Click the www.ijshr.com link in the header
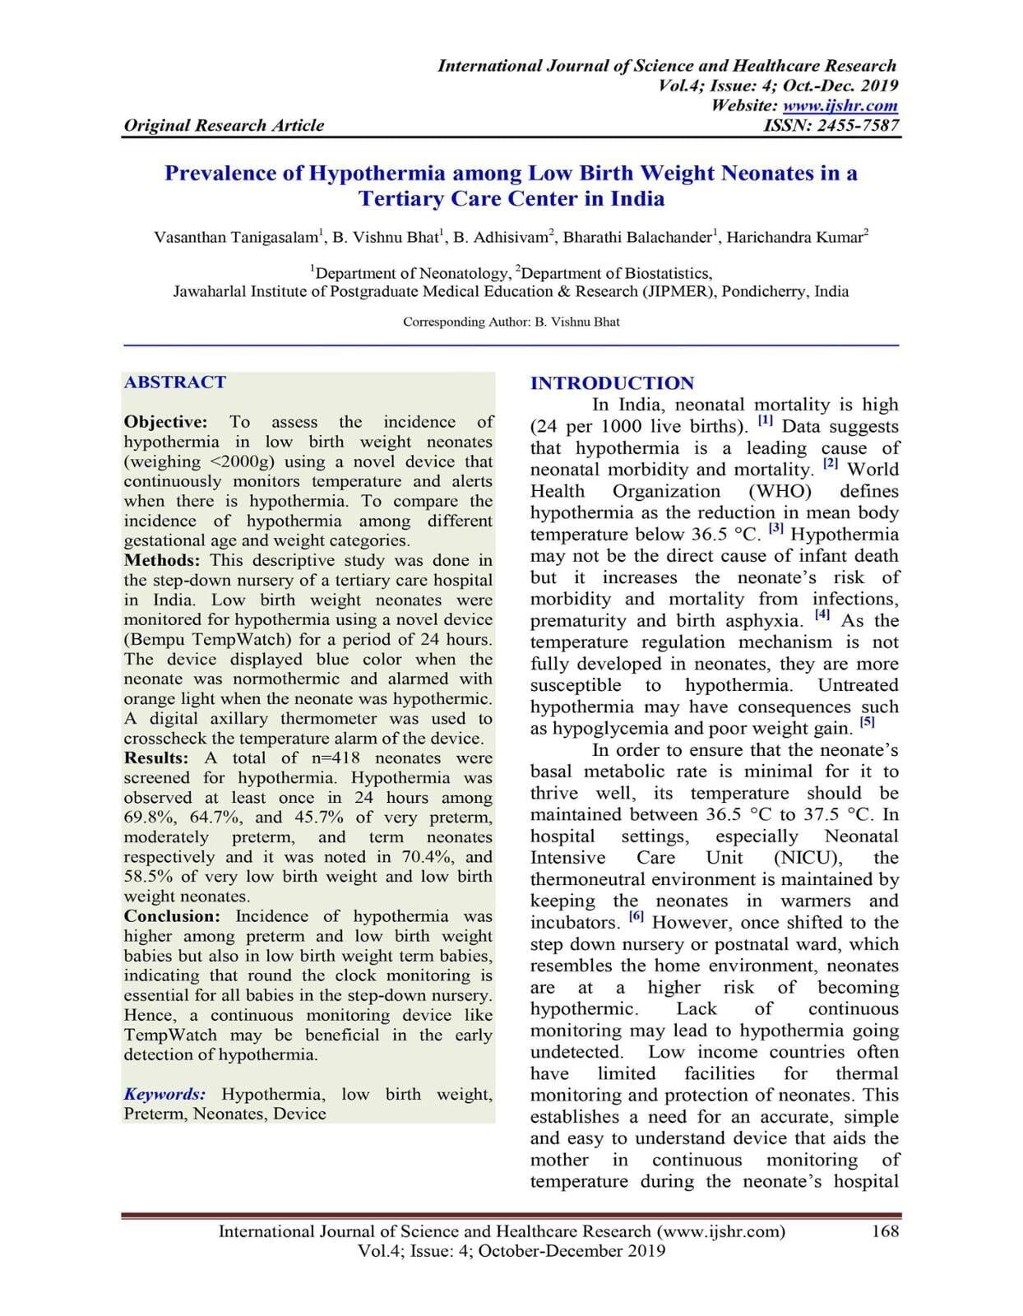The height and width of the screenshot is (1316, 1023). pos(840,105)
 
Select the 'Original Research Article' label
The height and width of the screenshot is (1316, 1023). pos(224,125)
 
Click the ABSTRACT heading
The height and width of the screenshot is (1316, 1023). pos(174,382)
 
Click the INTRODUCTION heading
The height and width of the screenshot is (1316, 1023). pos(612,383)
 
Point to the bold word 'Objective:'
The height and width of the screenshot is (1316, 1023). pos(165,422)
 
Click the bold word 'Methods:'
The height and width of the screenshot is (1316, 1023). pos(162,560)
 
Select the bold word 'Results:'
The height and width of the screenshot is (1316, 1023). pos(156,758)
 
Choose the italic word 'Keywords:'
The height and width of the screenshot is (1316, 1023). pos(164,1094)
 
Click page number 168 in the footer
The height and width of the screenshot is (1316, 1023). pos(884,1231)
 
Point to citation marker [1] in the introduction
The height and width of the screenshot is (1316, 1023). pos(765,421)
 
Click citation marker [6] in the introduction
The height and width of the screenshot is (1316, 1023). pos(636,916)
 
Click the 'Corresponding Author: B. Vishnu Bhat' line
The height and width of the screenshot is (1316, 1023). pos(511,322)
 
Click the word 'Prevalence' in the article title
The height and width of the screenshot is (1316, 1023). pos(217,174)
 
